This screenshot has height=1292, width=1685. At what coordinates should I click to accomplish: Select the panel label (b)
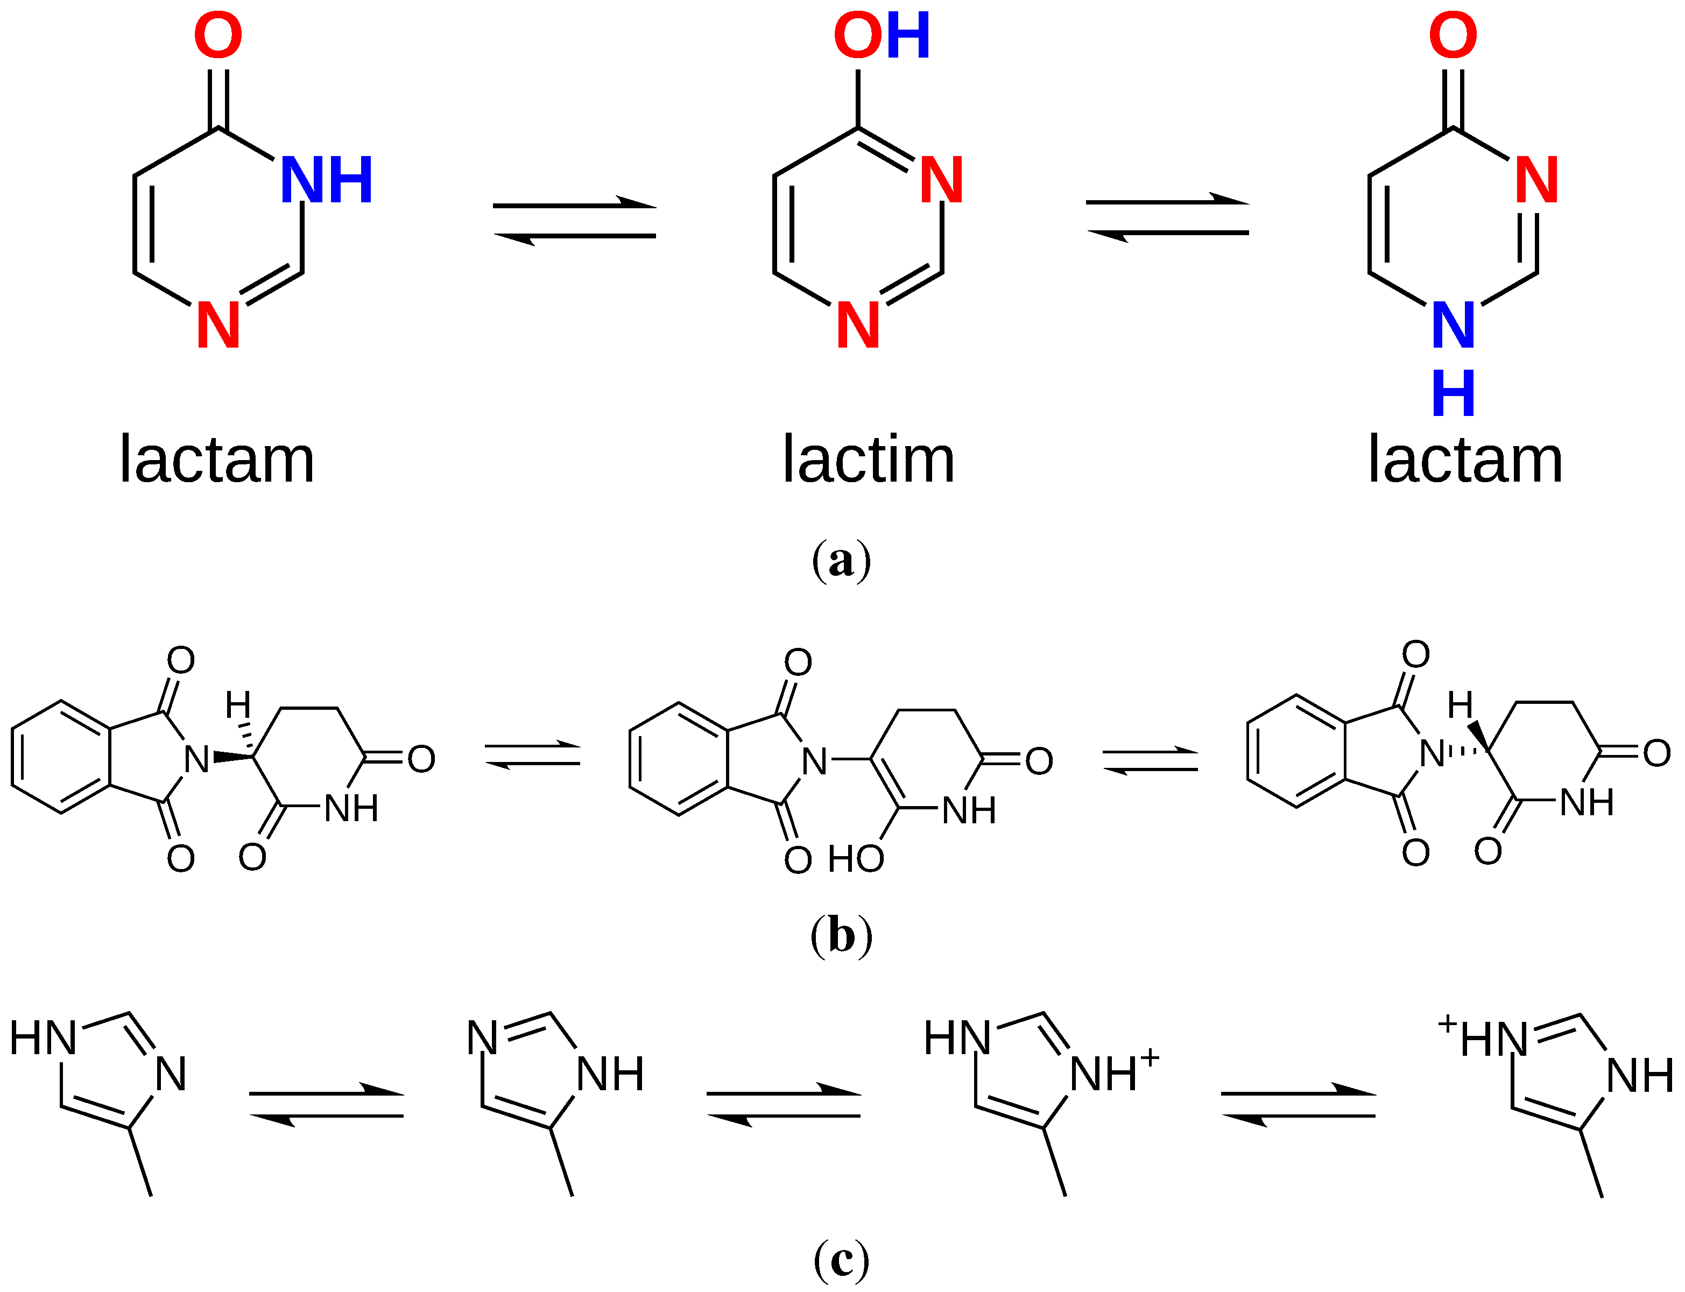(x=841, y=936)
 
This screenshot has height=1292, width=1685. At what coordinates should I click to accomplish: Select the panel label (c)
(x=841, y=1260)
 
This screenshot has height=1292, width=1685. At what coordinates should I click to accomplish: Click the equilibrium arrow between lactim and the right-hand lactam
(x=1167, y=217)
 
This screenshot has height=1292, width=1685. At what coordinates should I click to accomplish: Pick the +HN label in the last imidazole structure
(x=1482, y=1037)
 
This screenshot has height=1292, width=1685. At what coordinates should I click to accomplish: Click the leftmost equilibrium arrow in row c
(x=326, y=1104)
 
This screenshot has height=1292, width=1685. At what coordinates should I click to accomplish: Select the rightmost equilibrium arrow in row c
(x=1298, y=1104)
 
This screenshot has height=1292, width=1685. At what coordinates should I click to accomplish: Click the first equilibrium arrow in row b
(x=532, y=754)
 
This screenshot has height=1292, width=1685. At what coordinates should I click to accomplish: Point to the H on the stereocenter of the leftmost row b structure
(x=238, y=704)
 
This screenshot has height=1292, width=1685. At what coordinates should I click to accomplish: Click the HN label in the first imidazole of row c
(x=44, y=1037)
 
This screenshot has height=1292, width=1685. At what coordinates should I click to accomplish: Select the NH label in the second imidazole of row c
(x=610, y=1075)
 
